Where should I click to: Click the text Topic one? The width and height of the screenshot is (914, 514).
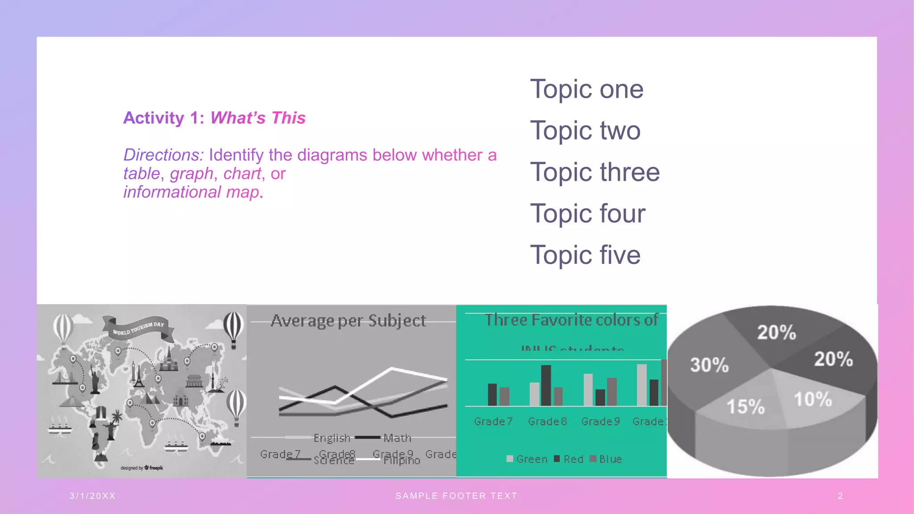(586, 89)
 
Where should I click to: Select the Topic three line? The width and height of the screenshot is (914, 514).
(594, 172)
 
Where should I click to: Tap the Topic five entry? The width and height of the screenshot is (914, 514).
(585, 255)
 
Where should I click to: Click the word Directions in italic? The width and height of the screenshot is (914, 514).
(163, 155)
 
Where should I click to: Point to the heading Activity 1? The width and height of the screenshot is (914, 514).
(163, 118)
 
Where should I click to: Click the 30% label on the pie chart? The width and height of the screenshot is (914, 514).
(709, 365)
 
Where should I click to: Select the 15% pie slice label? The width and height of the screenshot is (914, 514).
(745, 406)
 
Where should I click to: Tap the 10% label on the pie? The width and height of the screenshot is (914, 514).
(813, 399)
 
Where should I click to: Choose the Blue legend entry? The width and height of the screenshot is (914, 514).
(610, 459)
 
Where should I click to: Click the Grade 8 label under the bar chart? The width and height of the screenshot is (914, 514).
(547, 422)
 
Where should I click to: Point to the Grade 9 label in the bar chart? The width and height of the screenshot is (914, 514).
(601, 422)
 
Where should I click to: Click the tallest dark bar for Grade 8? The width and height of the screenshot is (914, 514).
(546, 385)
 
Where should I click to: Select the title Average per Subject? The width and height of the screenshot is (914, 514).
(348, 321)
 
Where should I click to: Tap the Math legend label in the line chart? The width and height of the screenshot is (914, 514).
(397, 438)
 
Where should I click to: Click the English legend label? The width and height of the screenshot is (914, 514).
(332, 438)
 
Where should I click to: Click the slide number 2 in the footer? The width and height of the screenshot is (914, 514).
(840, 496)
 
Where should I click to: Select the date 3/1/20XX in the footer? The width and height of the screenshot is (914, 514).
(93, 496)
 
